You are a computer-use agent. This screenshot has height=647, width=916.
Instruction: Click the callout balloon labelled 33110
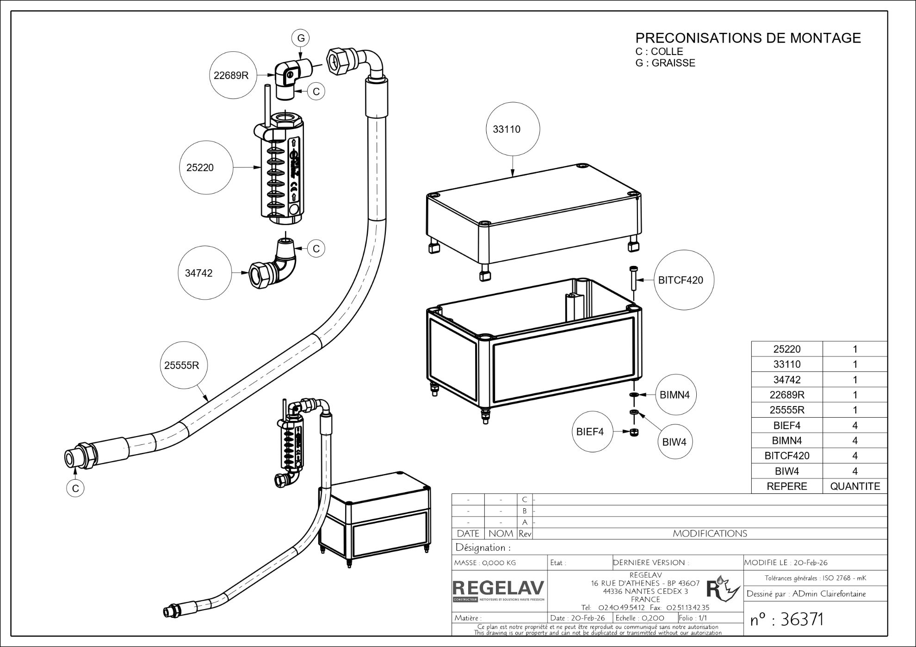[513, 129]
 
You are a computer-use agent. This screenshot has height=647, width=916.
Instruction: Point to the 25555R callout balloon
[182, 365]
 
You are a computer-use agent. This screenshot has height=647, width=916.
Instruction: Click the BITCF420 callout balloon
[681, 280]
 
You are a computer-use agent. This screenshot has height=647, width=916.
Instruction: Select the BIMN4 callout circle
[675, 394]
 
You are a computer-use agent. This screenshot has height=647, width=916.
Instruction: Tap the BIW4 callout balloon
[674, 442]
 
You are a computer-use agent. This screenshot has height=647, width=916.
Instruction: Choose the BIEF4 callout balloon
[590, 432]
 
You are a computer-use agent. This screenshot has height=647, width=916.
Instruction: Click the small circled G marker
[301, 38]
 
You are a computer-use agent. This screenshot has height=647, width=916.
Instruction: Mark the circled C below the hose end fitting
[75, 488]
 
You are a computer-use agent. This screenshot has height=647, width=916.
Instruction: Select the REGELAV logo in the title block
[498, 590]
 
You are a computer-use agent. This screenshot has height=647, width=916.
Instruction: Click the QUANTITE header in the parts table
[854, 486]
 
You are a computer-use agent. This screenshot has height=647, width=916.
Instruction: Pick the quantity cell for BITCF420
[854, 456]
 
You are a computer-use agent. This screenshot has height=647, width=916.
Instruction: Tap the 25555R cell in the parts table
[786, 410]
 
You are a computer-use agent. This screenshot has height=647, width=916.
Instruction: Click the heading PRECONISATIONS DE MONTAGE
[748, 38]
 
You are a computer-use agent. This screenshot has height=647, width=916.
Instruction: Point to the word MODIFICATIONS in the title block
[710, 534]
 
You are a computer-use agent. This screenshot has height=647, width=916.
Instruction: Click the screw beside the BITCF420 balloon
[633, 277]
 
